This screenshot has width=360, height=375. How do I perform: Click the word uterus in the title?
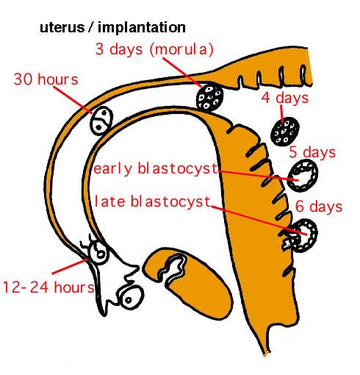click(x=62, y=27)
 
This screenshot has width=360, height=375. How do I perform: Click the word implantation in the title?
click(x=142, y=27)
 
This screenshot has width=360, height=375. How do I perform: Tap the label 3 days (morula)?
click(x=154, y=49)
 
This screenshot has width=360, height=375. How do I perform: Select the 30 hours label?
click(x=46, y=79)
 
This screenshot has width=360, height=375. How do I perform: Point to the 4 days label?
click(x=285, y=99)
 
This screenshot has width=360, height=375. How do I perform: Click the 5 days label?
click(x=312, y=152)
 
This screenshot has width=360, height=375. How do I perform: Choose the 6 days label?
click(x=319, y=207)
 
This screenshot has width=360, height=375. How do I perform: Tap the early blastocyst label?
click(x=156, y=168)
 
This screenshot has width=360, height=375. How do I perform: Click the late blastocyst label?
click(x=152, y=201)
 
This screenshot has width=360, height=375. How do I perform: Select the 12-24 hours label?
click(x=48, y=287)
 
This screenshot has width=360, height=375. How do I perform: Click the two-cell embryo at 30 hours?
click(x=101, y=121)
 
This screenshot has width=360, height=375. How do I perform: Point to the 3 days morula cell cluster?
click(x=210, y=98)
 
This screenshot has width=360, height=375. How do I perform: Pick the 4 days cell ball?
click(x=285, y=132)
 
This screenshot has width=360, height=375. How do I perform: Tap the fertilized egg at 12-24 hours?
click(x=98, y=252)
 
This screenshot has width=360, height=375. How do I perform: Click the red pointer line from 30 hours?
click(x=73, y=100)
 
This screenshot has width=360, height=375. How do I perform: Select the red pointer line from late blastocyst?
click(x=259, y=221)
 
